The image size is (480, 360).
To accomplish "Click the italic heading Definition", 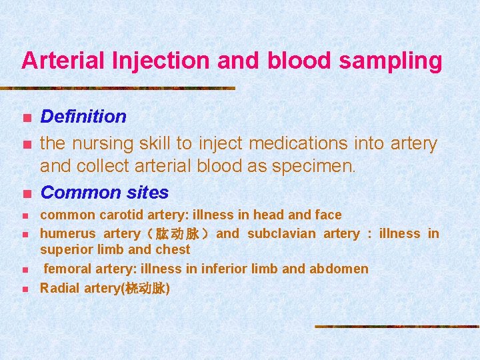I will click(83, 117).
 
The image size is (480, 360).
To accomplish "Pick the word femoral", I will click(67, 269).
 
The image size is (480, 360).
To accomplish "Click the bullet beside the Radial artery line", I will click(25, 289).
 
